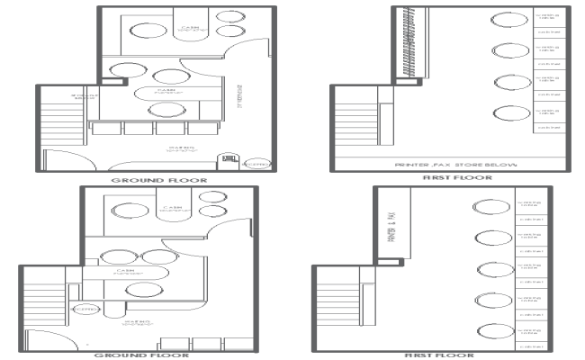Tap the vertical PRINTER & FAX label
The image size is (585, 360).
tap(391, 222)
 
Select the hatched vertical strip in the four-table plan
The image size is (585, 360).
tap(405, 44)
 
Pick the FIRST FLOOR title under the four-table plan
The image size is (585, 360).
tap(456, 179)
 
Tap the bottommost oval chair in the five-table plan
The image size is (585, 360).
tap(491, 329)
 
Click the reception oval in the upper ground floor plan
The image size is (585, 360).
tap(256, 165)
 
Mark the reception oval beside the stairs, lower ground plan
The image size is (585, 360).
tap(86, 309)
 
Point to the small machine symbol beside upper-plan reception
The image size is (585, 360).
tap(229, 162)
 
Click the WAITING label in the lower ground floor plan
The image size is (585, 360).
tap(137, 321)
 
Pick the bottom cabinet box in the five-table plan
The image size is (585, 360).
tap(528, 344)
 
